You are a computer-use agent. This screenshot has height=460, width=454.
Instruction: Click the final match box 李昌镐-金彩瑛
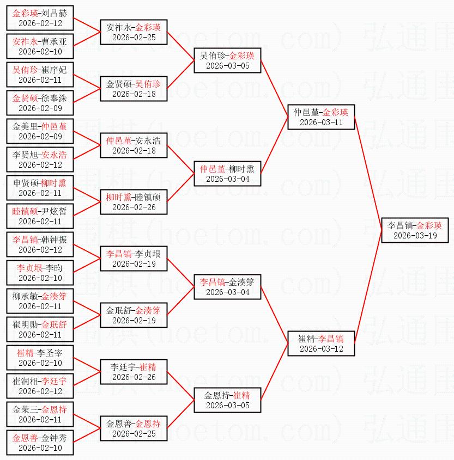(414, 230)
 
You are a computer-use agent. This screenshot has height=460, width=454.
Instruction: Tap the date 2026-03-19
(414, 236)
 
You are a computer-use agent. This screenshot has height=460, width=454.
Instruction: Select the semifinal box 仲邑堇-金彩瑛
(322, 116)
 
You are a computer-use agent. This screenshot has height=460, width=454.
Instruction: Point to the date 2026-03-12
(322, 349)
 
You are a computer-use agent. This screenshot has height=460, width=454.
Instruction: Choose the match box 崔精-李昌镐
(322, 343)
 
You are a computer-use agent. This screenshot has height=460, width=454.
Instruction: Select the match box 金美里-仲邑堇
(40, 131)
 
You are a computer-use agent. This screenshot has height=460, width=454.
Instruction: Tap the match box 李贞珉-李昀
(40, 272)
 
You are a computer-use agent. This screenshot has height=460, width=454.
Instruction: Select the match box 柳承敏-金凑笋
(40, 300)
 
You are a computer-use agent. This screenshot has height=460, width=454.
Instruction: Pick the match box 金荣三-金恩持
(40, 414)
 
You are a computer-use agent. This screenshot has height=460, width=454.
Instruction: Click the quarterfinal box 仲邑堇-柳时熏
(228, 173)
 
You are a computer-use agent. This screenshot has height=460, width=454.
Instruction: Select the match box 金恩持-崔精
(228, 400)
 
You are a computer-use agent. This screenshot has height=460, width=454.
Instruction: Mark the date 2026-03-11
(322, 122)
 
